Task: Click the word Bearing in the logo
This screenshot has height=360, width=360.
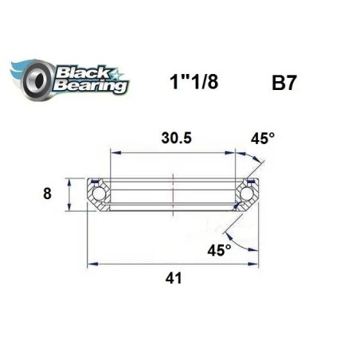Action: coord(89,85)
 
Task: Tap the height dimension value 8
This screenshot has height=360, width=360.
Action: coord(48,194)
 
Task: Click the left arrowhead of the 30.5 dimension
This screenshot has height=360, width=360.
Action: coord(112,151)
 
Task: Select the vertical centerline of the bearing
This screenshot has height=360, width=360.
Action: coord(174,191)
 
